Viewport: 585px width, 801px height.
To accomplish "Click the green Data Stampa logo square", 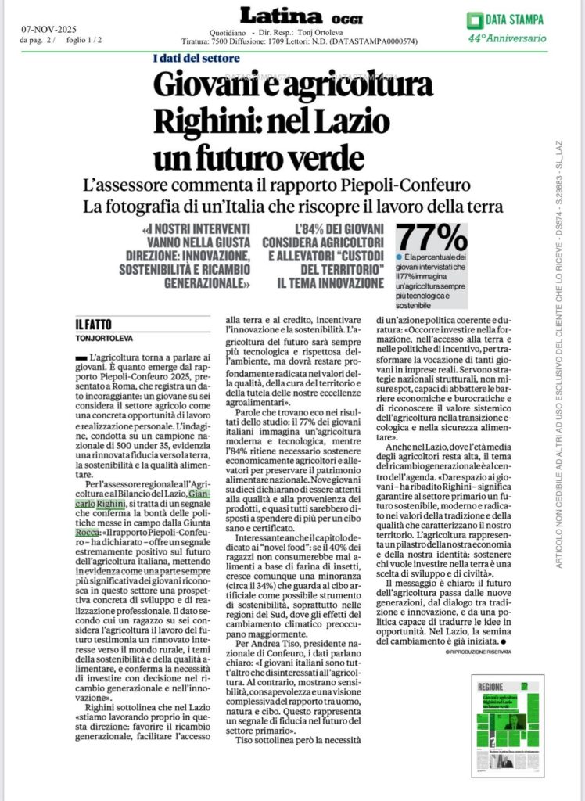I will tap(473, 20).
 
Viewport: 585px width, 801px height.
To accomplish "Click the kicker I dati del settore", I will tap(196, 58).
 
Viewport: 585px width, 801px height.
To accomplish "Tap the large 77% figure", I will tap(432, 237).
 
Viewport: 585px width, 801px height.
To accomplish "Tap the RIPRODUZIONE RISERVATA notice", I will tap(479, 651).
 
